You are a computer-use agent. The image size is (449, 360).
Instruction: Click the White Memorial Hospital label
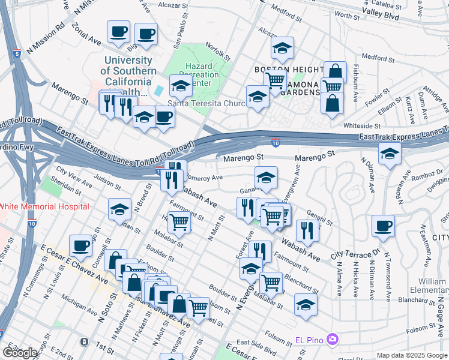point(44,206)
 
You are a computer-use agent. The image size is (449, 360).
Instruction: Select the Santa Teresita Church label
point(206,103)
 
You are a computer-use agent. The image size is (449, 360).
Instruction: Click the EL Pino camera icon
point(332,340)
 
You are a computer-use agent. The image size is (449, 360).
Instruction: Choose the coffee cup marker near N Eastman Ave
point(383,226)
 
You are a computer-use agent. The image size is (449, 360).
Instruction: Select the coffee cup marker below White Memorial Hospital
point(80,244)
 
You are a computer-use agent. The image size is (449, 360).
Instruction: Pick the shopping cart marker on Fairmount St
point(179,221)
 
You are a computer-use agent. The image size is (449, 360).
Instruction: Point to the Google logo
point(20,352)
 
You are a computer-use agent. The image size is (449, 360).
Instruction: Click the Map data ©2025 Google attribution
point(411,355)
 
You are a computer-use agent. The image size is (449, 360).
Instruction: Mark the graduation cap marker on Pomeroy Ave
point(266,177)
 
